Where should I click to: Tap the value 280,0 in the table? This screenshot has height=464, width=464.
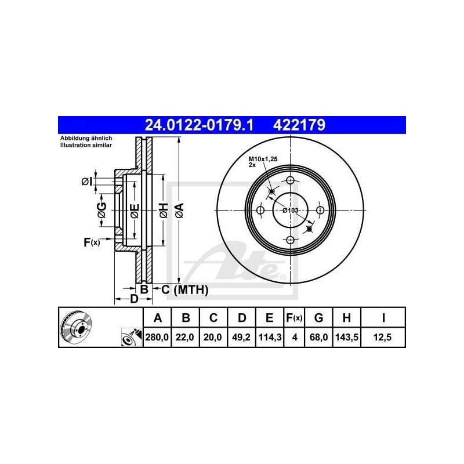click(x=157, y=336)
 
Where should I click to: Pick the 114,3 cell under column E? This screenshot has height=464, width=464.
click(x=270, y=336)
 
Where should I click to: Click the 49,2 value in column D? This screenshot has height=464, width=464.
click(x=242, y=336)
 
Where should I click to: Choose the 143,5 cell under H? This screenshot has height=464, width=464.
click(x=346, y=336)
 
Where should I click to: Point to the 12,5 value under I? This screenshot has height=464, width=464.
click(x=383, y=336)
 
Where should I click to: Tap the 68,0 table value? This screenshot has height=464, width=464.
click(x=318, y=336)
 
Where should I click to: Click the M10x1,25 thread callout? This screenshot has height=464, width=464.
click(x=260, y=159)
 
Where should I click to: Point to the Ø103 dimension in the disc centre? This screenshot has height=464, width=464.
click(x=290, y=210)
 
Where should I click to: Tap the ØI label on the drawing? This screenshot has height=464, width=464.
click(x=87, y=182)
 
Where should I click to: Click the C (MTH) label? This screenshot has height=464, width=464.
click(x=184, y=289)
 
